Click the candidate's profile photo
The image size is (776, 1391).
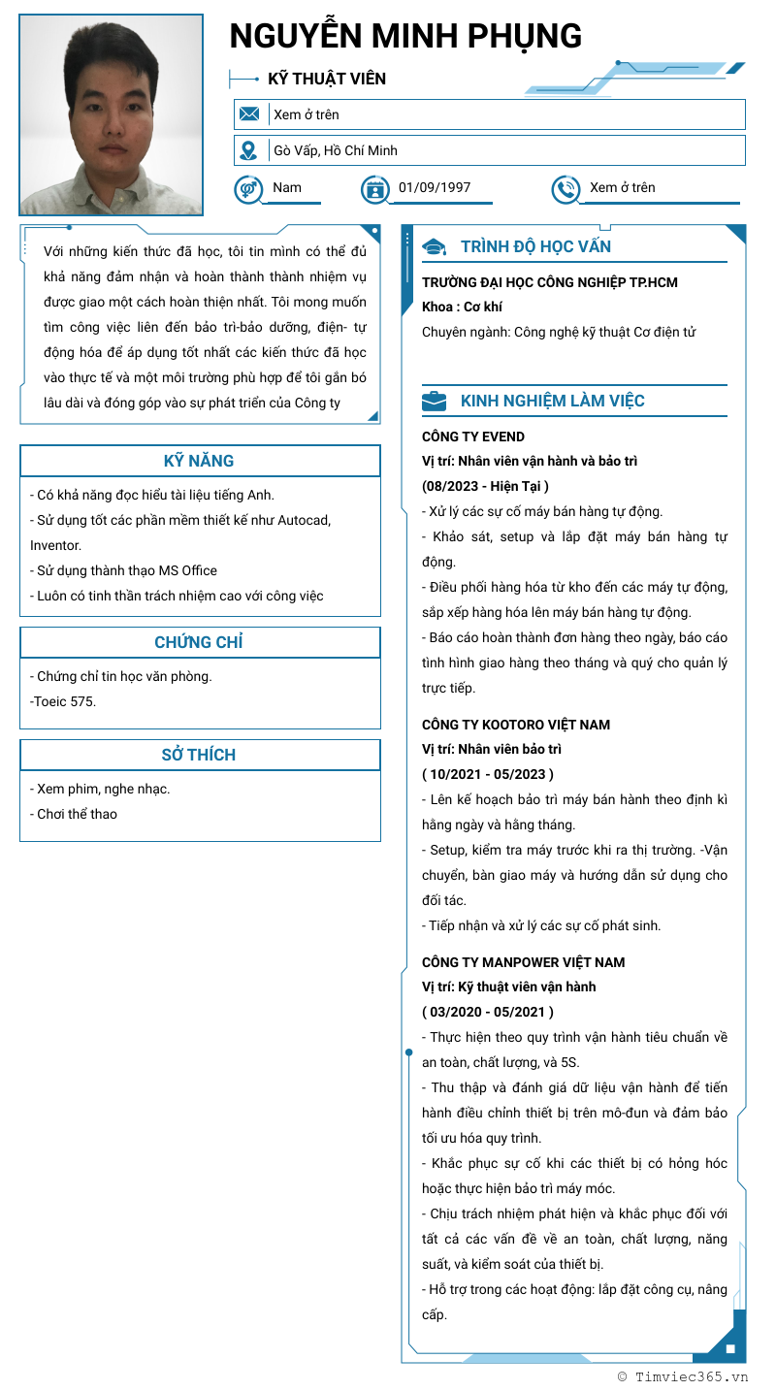click(x=111, y=114)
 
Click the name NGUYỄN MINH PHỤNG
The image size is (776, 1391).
click(x=405, y=36)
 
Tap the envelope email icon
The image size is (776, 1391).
click(x=249, y=114)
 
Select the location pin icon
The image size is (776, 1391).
click(x=249, y=150)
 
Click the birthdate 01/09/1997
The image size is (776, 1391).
click(x=435, y=187)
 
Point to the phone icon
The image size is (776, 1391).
click(x=566, y=189)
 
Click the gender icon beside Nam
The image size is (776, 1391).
click(x=248, y=189)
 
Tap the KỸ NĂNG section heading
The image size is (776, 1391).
click(x=199, y=461)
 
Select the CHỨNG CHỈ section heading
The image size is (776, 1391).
click(x=199, y=642)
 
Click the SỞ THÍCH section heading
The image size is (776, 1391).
click(x=199, y=755)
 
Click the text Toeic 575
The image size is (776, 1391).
click(x=64, y=701)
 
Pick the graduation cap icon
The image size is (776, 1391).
click(x=435, y=247)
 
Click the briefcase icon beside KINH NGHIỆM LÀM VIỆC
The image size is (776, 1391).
click(x=435, y=401)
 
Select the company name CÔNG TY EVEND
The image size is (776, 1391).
click(x=473, y=437)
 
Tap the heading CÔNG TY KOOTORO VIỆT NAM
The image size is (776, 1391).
click(x=516, y=725)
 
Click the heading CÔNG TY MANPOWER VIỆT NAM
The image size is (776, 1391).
click(x=523, y=962)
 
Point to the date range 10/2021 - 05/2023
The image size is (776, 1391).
click(x=488, y=774)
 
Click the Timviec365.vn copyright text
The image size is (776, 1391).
click(x=683, y=1375)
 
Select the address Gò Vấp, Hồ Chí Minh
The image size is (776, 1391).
click(x=336, y=150)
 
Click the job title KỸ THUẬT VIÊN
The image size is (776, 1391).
click(x=327, y=79)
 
